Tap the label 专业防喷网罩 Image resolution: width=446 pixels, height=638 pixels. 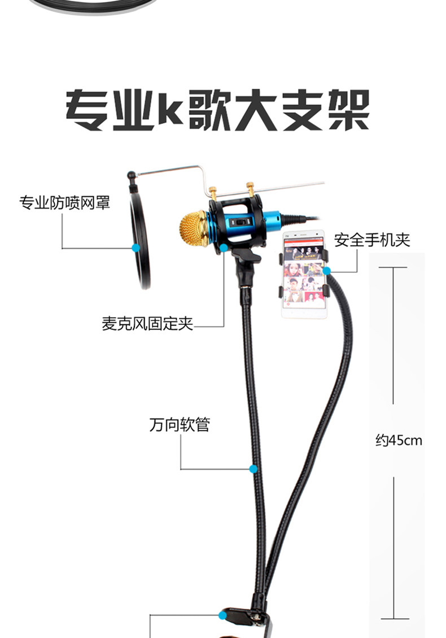64,202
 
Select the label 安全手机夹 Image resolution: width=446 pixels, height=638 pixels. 372,240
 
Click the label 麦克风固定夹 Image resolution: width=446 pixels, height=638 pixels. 147,324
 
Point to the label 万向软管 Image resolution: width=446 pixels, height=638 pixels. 180,425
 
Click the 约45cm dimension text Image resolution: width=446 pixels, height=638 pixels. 399,440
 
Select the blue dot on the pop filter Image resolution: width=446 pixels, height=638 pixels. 135,248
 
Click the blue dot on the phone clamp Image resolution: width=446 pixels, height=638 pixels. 326,271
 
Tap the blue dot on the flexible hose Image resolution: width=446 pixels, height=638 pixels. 253,468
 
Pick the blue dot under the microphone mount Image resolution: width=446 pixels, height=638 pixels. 224,248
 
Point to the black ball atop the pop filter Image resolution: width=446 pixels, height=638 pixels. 131,175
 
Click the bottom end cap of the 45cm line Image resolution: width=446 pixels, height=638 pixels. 393,619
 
